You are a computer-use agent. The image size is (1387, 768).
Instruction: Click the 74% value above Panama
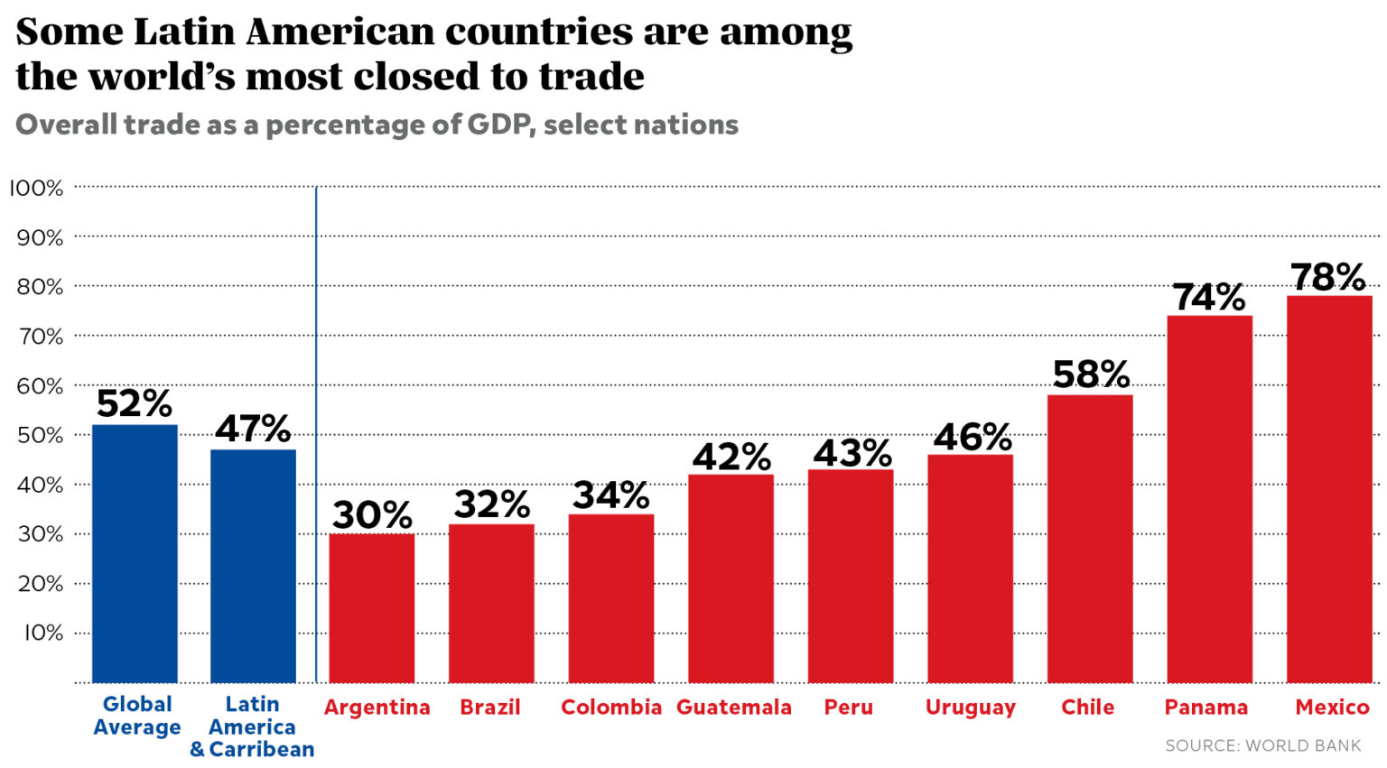coord(1208,297)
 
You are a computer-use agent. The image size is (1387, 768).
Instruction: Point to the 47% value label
coord(253,430)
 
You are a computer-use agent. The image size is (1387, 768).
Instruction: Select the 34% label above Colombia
coord(610,495)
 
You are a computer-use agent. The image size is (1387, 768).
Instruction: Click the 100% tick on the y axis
coord(37,188)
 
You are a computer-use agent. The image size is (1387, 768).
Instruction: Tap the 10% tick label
coord(42,633)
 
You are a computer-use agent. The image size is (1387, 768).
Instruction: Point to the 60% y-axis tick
coord(40,386)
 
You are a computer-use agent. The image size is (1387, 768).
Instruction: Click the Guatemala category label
coord(733,708)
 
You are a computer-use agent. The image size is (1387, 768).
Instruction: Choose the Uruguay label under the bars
coord(970,708)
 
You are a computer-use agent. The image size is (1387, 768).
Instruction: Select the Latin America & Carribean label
coord(252,726)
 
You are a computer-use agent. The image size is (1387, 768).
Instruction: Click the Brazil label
coord(490,708)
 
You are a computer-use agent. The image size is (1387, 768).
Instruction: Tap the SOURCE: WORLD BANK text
coord(1262,745)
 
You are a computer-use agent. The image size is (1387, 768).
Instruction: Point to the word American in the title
coord(340,32)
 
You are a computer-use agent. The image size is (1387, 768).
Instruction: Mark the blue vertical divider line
coord(316,433)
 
